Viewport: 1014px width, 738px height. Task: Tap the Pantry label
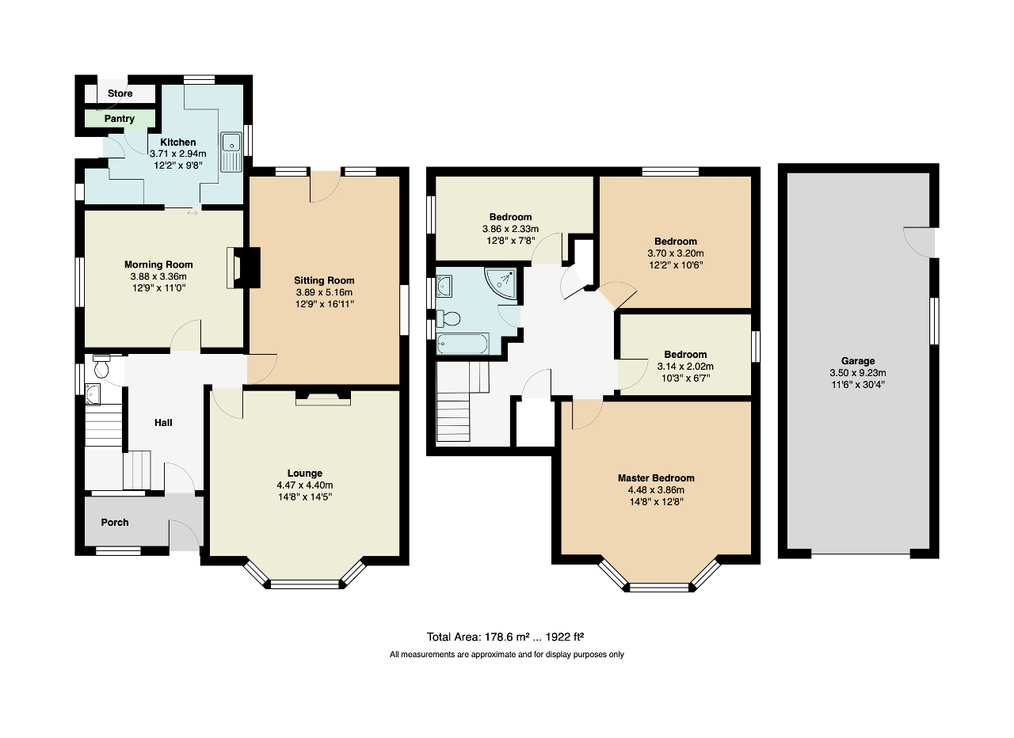tap(120, 119)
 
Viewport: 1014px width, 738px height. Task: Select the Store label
tap(120, 93)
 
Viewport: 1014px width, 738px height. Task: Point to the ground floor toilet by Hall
tap(102, 368)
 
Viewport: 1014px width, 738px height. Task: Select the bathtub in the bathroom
tap(463, 344)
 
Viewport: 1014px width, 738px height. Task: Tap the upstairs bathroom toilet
tap(450, 318)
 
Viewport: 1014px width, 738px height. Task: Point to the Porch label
tap(115, 523)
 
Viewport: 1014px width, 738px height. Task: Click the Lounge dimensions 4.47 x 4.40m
tap(305, 485)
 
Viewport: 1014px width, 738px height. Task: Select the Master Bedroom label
tap(656, 478)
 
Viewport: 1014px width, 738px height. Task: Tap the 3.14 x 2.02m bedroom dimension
tap(685, 367)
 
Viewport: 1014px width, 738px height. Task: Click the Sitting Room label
tap(324, 280)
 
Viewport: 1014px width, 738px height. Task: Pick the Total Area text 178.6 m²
tap(505, 637)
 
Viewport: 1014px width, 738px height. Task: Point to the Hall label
tap(163, 423)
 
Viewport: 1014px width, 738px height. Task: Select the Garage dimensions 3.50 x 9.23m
tap(859, 373)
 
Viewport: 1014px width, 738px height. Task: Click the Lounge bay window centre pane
tap(304, 585)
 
